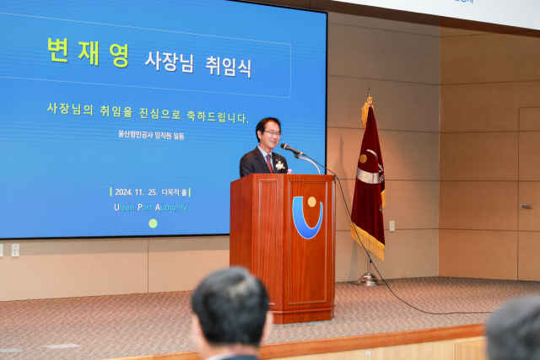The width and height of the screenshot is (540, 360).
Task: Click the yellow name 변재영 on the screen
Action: point(88,52)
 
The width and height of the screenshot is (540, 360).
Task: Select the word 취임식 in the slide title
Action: point(228,65)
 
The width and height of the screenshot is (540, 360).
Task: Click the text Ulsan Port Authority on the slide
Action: point(151,207)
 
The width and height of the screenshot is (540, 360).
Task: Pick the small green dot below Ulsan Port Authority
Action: point(153,223)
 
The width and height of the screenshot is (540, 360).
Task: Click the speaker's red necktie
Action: point(269,162)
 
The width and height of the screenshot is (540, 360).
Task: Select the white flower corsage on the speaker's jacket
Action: point(279,164)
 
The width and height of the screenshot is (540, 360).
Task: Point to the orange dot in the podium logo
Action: point(311,202)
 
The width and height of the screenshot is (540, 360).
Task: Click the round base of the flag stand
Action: point(367,280)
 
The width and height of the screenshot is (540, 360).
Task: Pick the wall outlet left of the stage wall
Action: point(15,250)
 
